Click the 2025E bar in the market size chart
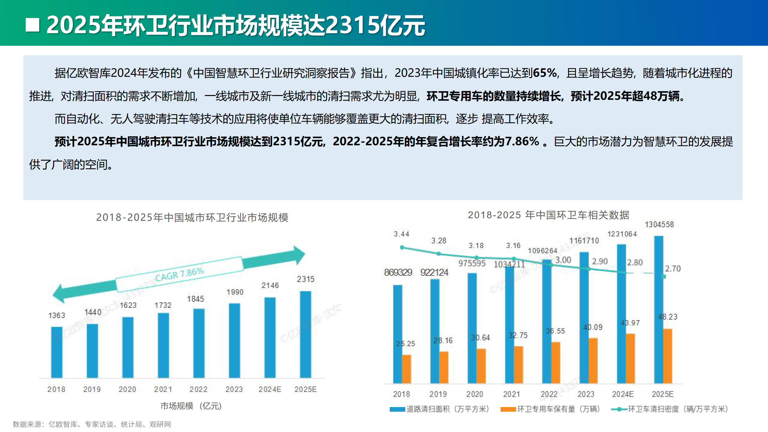pos(305,334)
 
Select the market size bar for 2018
pos(57,352)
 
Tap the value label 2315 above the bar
pos(305,279)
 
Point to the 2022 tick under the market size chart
pos(198,389)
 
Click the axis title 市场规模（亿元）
pos(191,406)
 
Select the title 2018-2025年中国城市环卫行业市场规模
pos(192,218)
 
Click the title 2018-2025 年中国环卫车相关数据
pos(548,215)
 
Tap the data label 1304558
pos(659,225)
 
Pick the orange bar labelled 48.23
pos(668,356)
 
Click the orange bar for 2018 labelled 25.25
pos(406,369)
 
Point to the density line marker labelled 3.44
pos(402,247)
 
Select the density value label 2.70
pos(673,269)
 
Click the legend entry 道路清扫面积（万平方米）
pos(440,409)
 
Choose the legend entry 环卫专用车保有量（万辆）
pos(550,409)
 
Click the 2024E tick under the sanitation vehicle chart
pos(622,394)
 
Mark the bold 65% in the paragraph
pos(545,73)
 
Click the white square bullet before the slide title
pos(32,25)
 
